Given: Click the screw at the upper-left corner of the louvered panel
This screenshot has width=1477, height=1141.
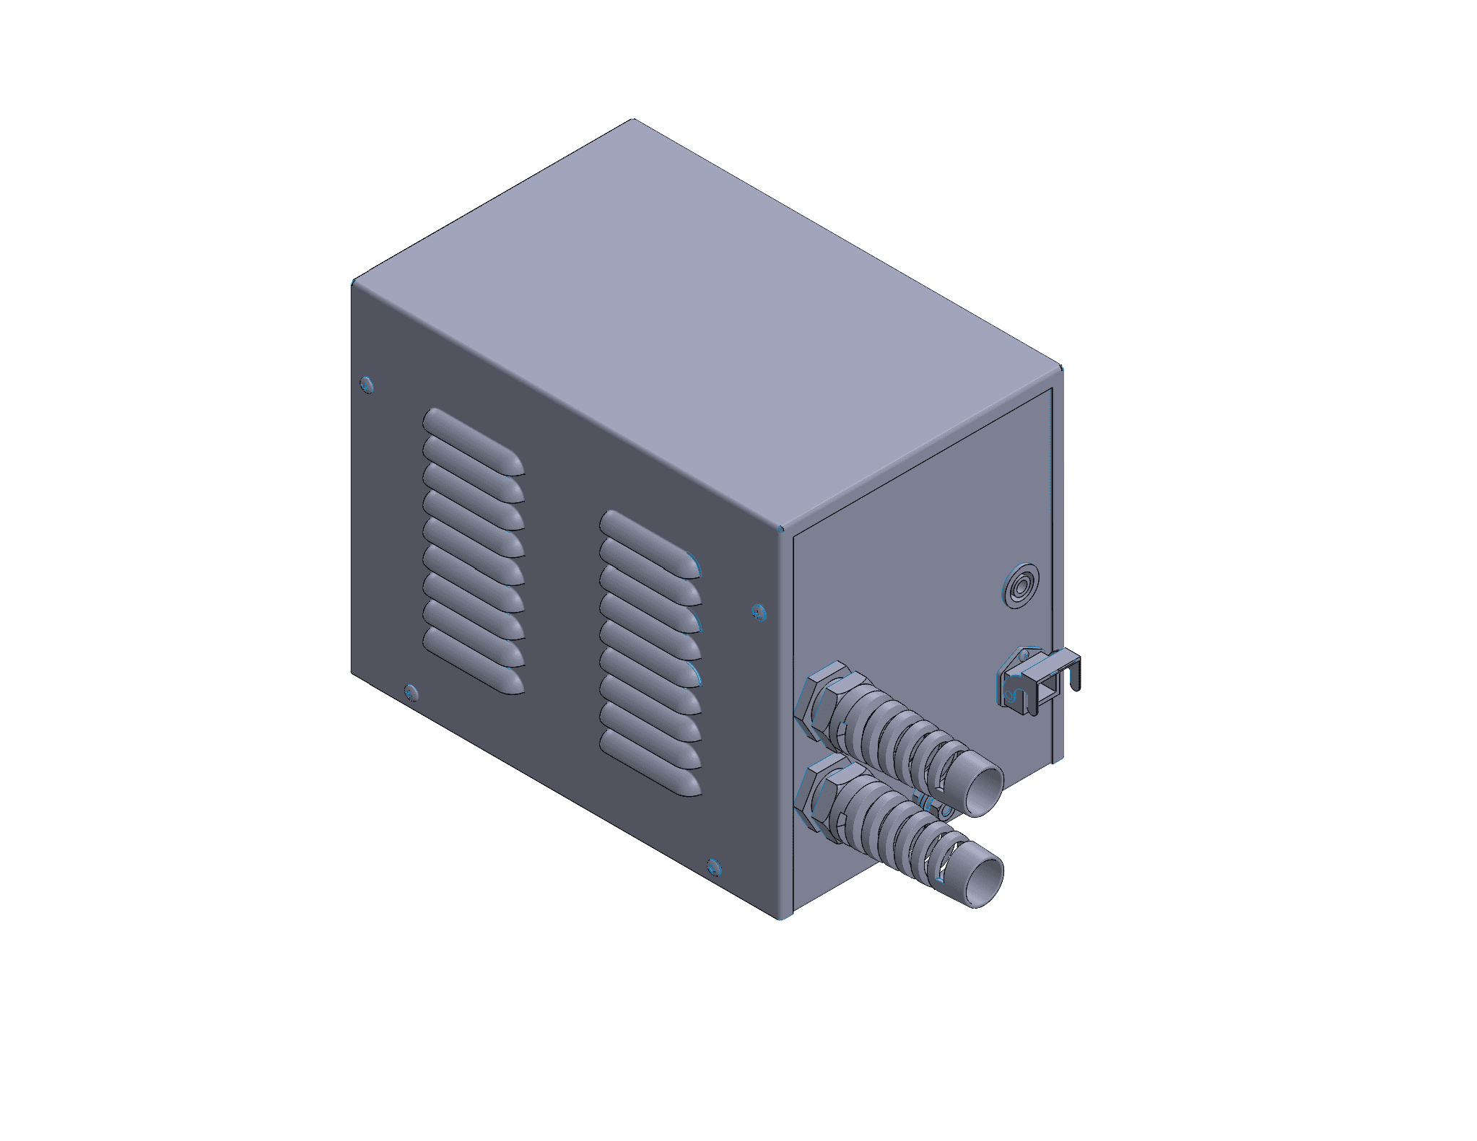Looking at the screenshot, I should (367, 383).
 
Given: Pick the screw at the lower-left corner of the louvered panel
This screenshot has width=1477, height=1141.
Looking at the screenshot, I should (411, 692).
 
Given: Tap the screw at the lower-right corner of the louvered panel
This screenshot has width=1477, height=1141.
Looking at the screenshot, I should (713, 866).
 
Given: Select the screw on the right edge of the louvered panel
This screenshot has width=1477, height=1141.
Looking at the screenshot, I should (757, 612).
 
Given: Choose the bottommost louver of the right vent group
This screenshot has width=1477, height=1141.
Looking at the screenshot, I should (650, 763).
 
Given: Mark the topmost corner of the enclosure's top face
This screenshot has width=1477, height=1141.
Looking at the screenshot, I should (633, 119).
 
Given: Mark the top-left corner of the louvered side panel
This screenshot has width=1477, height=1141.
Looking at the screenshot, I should (353, 283).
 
